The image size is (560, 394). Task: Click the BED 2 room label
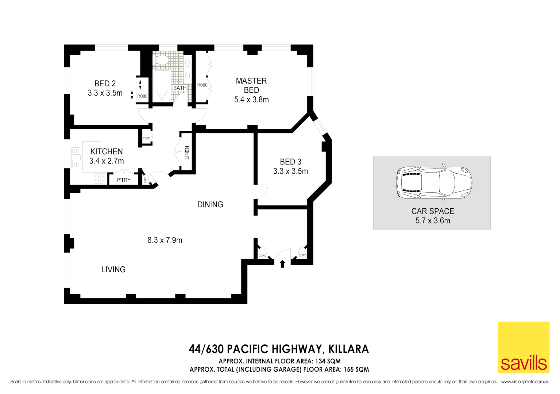pos(105,84)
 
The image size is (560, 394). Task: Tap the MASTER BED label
pos(251,85)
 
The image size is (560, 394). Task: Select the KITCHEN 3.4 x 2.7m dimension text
pos(107,161)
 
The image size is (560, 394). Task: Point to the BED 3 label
pos(290,162)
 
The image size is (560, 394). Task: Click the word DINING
pos(210,205)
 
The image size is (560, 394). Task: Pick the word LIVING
pos(113,270)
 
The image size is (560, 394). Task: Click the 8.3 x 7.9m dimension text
pos(165,240)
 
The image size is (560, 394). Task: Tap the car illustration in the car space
pos(434,183)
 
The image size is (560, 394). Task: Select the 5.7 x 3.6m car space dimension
pos(433,221)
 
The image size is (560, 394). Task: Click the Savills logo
pos(524,347)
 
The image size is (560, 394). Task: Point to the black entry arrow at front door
pos(282,263)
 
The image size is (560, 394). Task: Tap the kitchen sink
pos(76,158)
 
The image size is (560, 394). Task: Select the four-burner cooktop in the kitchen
pos(99,178)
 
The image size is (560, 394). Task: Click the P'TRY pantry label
pos(123,180)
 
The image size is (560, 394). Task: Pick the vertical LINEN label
pos(187,152)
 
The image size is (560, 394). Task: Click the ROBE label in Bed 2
pos(142,96)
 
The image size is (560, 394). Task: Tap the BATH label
pos(180,88)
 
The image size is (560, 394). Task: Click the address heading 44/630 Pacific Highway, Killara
pos(279,349)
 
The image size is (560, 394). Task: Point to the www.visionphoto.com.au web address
pos(525,382)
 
